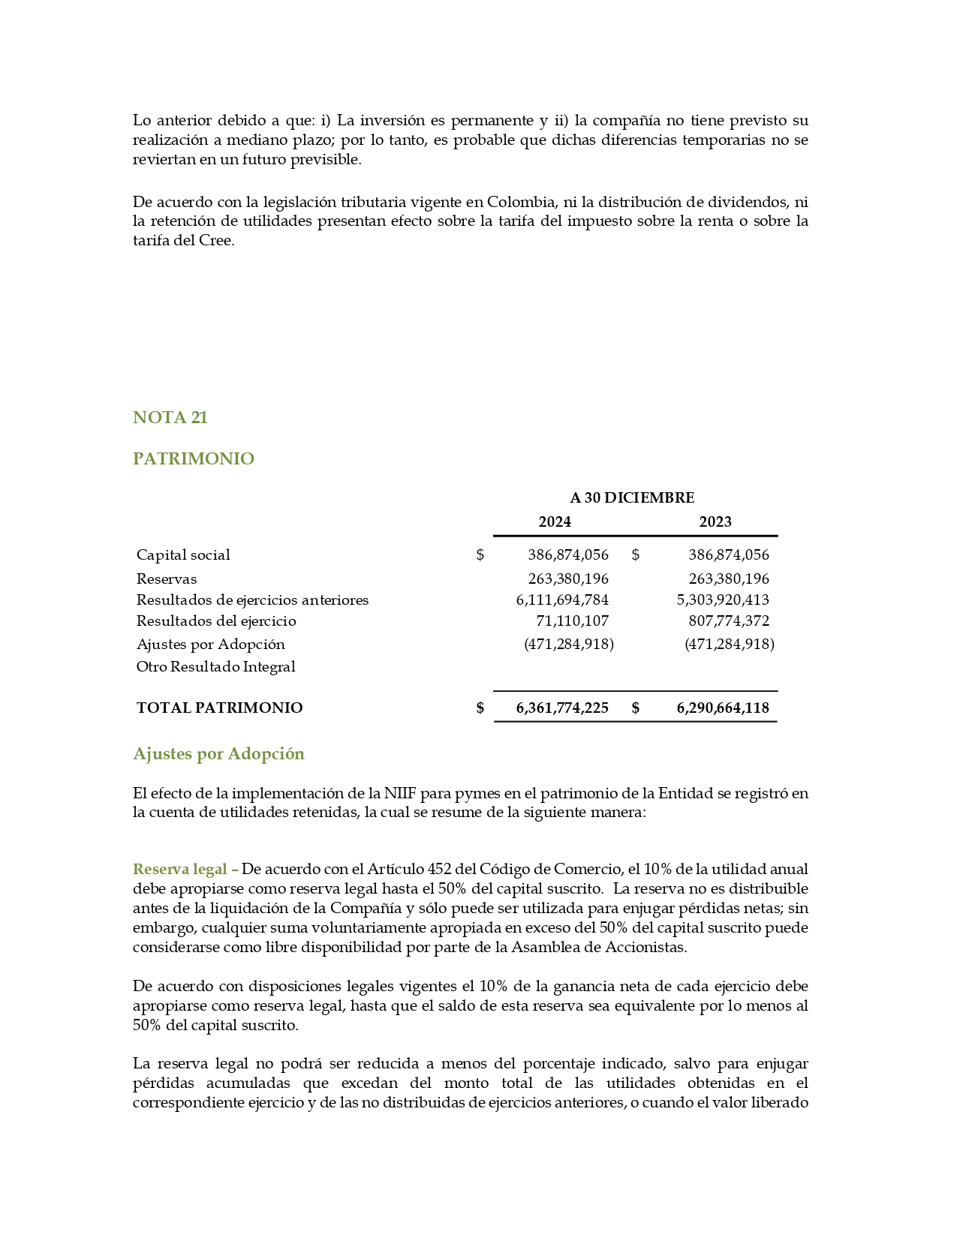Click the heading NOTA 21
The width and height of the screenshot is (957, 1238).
coord(170,418)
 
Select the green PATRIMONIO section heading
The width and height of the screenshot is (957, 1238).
coord(193,459)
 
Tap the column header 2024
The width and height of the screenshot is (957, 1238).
coord(555,522)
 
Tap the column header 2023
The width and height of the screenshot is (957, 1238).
coord(715,522)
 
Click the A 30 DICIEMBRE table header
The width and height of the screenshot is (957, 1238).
coord(632,498)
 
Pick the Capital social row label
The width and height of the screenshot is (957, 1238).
coord(183,555)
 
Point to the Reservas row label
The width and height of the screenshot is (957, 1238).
coord(167,579)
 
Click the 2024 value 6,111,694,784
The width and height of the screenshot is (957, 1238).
coord(562,600)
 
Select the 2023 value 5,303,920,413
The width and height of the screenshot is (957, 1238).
coord(723,600)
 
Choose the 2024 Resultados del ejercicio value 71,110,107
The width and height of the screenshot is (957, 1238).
coord(572,621)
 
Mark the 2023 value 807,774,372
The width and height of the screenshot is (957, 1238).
coord(729,621)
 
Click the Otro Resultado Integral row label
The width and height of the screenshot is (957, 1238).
coord(215,667)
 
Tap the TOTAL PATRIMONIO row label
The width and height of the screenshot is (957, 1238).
coord(219,708)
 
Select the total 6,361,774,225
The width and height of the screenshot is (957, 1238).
coord(562,708)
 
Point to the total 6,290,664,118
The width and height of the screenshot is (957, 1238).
coord(723,708)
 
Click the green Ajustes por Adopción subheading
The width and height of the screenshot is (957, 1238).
coord(218,754)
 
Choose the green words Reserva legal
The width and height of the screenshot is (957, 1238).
coord(180,870)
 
